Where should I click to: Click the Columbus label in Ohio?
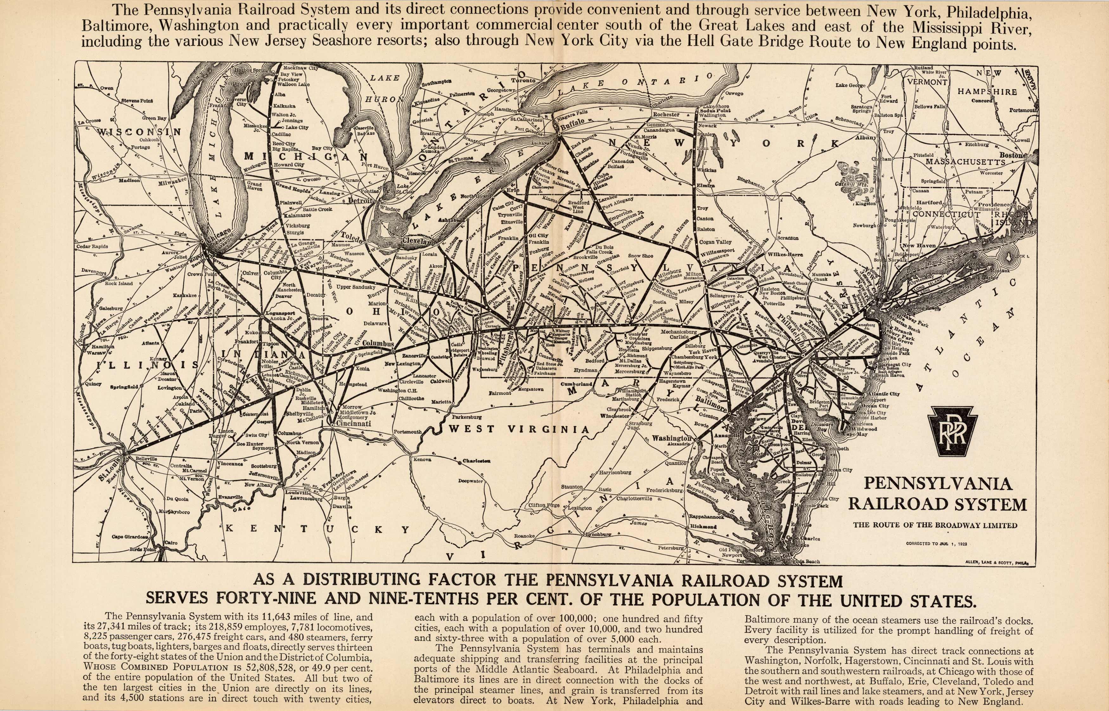tap(378, 344)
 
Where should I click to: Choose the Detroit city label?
tap(360, 201)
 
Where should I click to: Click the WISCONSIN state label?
tap(139, 131)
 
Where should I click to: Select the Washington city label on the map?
tap(672, 438)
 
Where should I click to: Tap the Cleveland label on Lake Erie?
tap(419, 241)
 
